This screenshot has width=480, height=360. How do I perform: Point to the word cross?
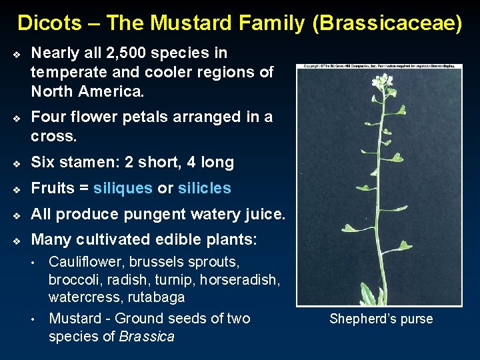53,136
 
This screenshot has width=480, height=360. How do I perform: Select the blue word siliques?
123,188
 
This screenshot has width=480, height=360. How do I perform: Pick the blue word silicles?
204,188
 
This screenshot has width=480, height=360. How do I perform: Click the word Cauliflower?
87,261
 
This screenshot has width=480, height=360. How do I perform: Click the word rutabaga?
157,297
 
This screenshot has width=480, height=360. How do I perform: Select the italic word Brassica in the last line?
147,336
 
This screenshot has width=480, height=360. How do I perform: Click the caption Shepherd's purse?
381,319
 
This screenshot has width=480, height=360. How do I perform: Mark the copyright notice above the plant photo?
379,67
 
